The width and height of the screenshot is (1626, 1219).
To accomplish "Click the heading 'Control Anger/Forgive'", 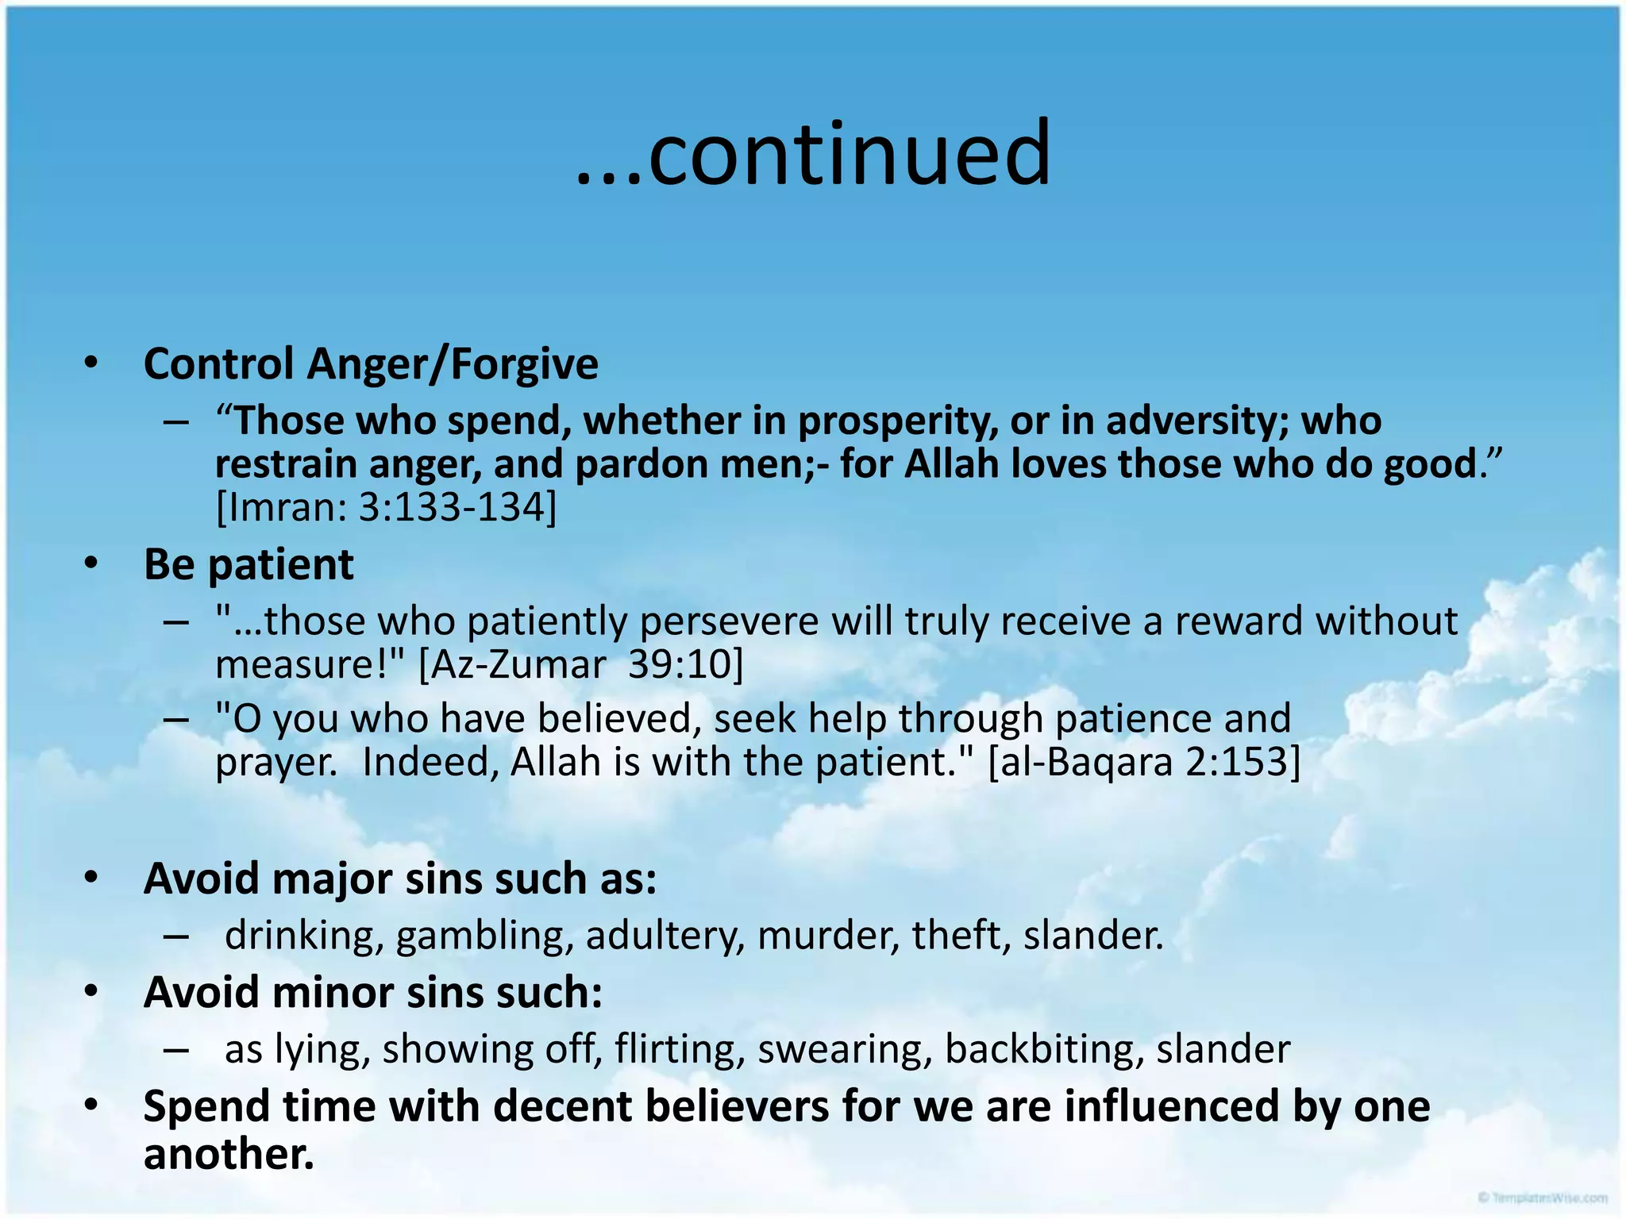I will pyautogui.click(x=370, y=364).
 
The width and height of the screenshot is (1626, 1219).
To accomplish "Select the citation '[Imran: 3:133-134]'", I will pyautogui.click(x=387, y=507).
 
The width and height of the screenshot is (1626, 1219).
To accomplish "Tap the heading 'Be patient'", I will pyautogui.click(x=248, y=565).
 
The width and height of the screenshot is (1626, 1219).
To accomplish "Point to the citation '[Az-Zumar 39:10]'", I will pyautogui.click(x=580, y=664).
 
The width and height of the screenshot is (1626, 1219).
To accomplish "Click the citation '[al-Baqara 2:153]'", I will pyautogui.click(x=1144, y=762).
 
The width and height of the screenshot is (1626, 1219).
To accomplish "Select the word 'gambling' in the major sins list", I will pyautogui.click(x=484, y=936).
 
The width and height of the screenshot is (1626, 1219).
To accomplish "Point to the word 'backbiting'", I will pyautogui.click(x=1044, y=1049).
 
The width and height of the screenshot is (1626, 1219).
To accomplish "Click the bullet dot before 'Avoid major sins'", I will pyautogui.click(x=91, y=878).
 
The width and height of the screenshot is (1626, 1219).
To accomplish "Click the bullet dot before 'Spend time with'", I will pyautogui.click(x=91, y=1106).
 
